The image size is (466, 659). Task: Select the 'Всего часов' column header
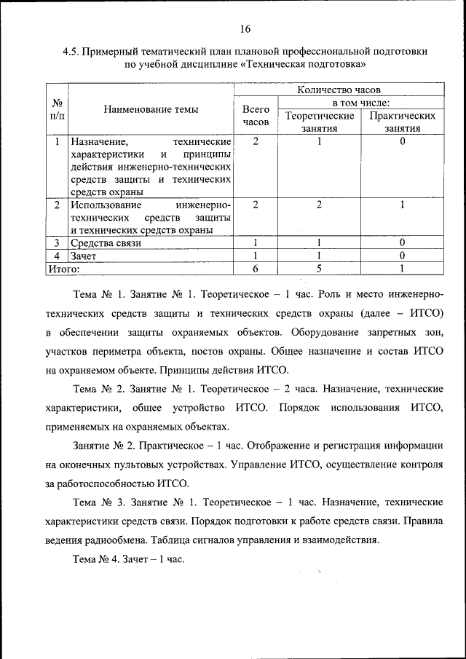(x=256, y=116)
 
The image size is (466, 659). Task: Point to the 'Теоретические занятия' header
(x=320, y=122)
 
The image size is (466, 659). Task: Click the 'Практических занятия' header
(x=403, y=122)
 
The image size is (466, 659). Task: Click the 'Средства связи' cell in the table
(x=106, y=242)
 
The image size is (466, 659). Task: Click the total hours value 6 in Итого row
(x=256, y=269)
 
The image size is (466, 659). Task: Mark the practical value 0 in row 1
(x=403, y=141)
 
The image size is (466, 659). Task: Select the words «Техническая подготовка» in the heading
(x=309, y=65)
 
